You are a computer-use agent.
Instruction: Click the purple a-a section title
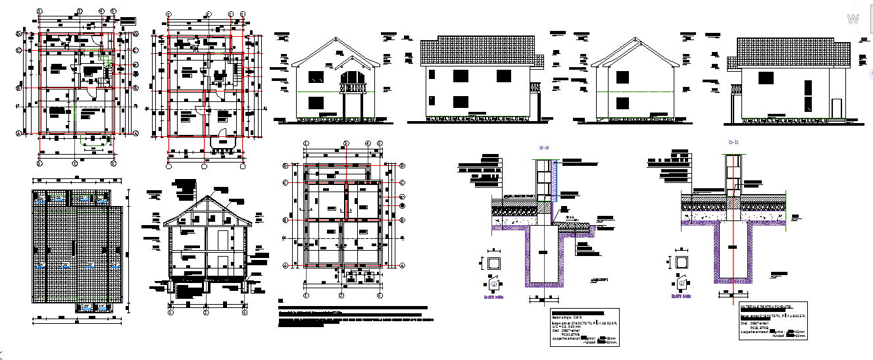544,148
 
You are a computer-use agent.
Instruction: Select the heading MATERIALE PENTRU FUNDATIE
766,307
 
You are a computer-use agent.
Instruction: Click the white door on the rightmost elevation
836,109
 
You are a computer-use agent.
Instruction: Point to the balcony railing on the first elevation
352,87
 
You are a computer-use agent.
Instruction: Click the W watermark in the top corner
853,20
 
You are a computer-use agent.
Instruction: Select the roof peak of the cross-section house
207,196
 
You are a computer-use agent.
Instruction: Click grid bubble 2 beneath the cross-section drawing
206,313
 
